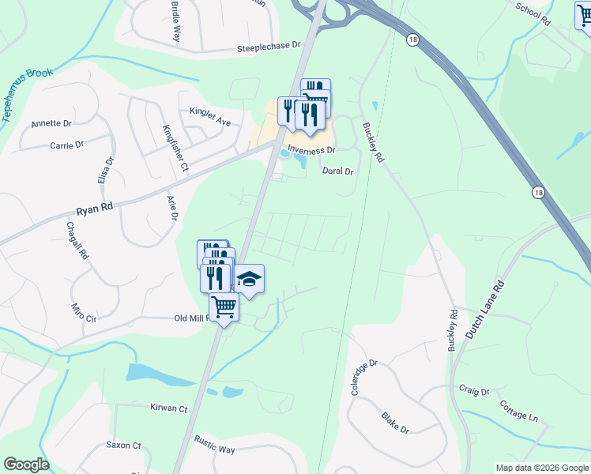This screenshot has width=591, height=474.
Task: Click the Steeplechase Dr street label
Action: click(269, 48)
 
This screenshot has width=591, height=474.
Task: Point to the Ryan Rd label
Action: click(95, 208)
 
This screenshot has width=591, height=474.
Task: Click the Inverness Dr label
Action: click(311, 150)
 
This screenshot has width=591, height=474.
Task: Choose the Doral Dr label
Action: click(337, 171)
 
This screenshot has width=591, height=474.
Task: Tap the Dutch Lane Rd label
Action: click(484, 312)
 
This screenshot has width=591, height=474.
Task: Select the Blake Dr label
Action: click(394, 423)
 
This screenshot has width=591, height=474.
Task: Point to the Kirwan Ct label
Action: click(168, 408)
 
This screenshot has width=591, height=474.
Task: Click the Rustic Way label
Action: click(215, 449)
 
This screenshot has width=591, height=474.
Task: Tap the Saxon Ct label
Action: click(123, 446)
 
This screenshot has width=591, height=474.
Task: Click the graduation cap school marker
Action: click(249, 279)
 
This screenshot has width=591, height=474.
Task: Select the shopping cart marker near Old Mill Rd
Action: click(224, 306)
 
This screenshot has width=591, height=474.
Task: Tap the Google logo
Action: click(26, 465)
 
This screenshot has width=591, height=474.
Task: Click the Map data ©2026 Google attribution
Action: click(541, 468)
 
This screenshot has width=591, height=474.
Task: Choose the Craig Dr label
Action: click(474, 391)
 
